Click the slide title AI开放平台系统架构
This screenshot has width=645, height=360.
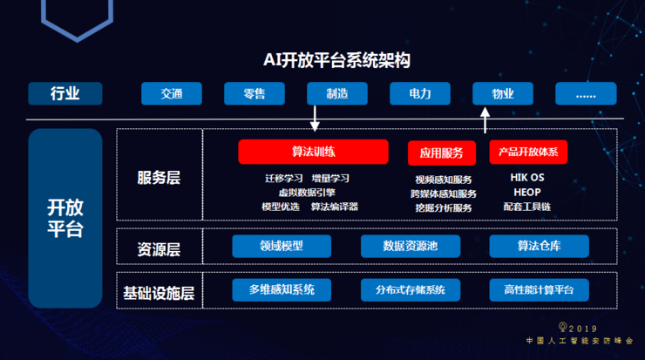(x=336, y=60)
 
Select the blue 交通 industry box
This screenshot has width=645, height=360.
(x=172, y=93)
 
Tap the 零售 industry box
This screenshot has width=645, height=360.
(x=255, y=93)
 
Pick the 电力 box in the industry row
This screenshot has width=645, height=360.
(x=420, y=93)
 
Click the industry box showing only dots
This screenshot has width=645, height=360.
(x=586, y=93)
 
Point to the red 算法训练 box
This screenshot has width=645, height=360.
(x=313, y=152)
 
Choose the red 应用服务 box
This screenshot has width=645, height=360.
(x=442, y=153)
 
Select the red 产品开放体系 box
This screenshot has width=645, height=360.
(x=528, y=152)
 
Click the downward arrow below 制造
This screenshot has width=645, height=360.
(x=315, y=119)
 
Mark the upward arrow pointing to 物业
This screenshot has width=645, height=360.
(x=485, y=120)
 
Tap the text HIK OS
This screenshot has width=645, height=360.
(x=527, y=177)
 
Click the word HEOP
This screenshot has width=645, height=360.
(x=527, y=192)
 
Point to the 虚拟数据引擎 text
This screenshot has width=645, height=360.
(x=307, y=192)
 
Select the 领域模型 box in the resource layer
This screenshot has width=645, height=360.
(x=282, y=246)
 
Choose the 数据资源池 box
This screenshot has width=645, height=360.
(x=411, y=246)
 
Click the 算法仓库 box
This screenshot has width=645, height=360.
(x=539, y=246)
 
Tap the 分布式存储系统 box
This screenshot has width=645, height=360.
(x=411, y=290)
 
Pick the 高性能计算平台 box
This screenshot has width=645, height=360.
(x=539, y=290)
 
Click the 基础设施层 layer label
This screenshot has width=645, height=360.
(x=159, y=293)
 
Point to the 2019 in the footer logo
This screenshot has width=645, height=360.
(x=583, y=329)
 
